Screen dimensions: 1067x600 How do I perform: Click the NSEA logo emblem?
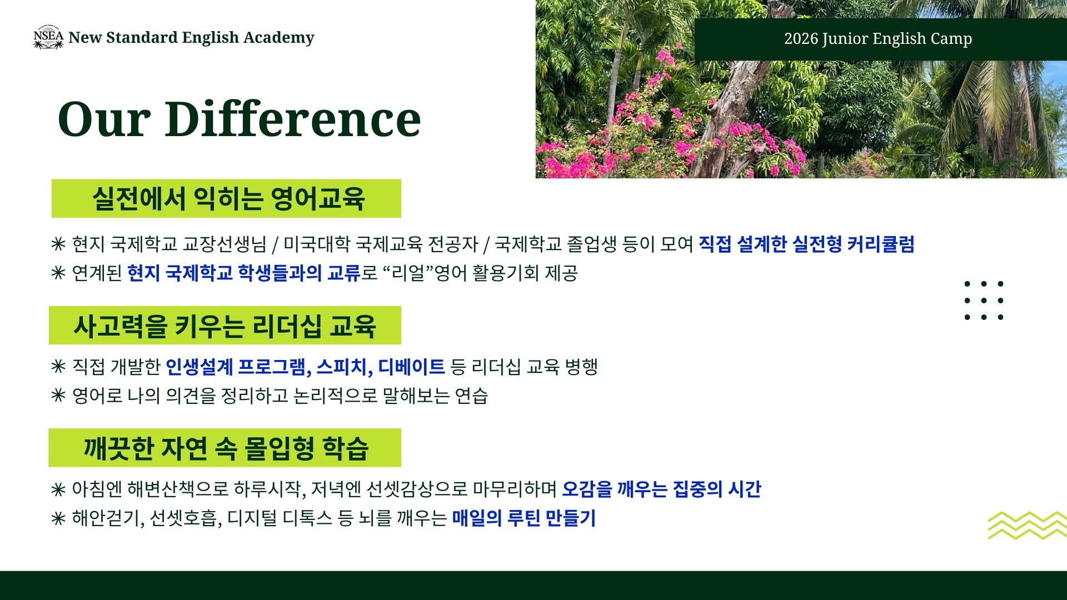(48, 37)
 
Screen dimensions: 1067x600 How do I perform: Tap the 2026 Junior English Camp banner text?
(878, 39)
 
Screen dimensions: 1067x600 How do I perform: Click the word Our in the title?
(104, 119)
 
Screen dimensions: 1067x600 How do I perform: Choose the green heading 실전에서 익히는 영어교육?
(228, 198)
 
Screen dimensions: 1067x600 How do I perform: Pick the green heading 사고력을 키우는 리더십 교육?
(225, 326)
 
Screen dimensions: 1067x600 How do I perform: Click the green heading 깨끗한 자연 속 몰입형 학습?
(226, 448)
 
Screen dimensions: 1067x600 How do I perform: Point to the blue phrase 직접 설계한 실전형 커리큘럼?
(806, 244)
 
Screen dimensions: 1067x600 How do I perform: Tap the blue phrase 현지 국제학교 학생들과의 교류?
(244, 273)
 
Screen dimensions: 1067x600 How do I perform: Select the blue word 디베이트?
(411, 367)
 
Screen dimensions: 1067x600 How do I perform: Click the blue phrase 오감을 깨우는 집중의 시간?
(661, 489)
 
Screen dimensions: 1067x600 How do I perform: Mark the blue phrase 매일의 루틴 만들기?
(523, 518)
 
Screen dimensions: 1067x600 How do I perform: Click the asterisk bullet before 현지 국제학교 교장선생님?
(58, 244)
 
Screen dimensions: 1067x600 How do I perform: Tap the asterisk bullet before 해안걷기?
(58, 518)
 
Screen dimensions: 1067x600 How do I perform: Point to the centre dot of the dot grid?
(984, 301)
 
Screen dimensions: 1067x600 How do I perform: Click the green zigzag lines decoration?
(1027, 526)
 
